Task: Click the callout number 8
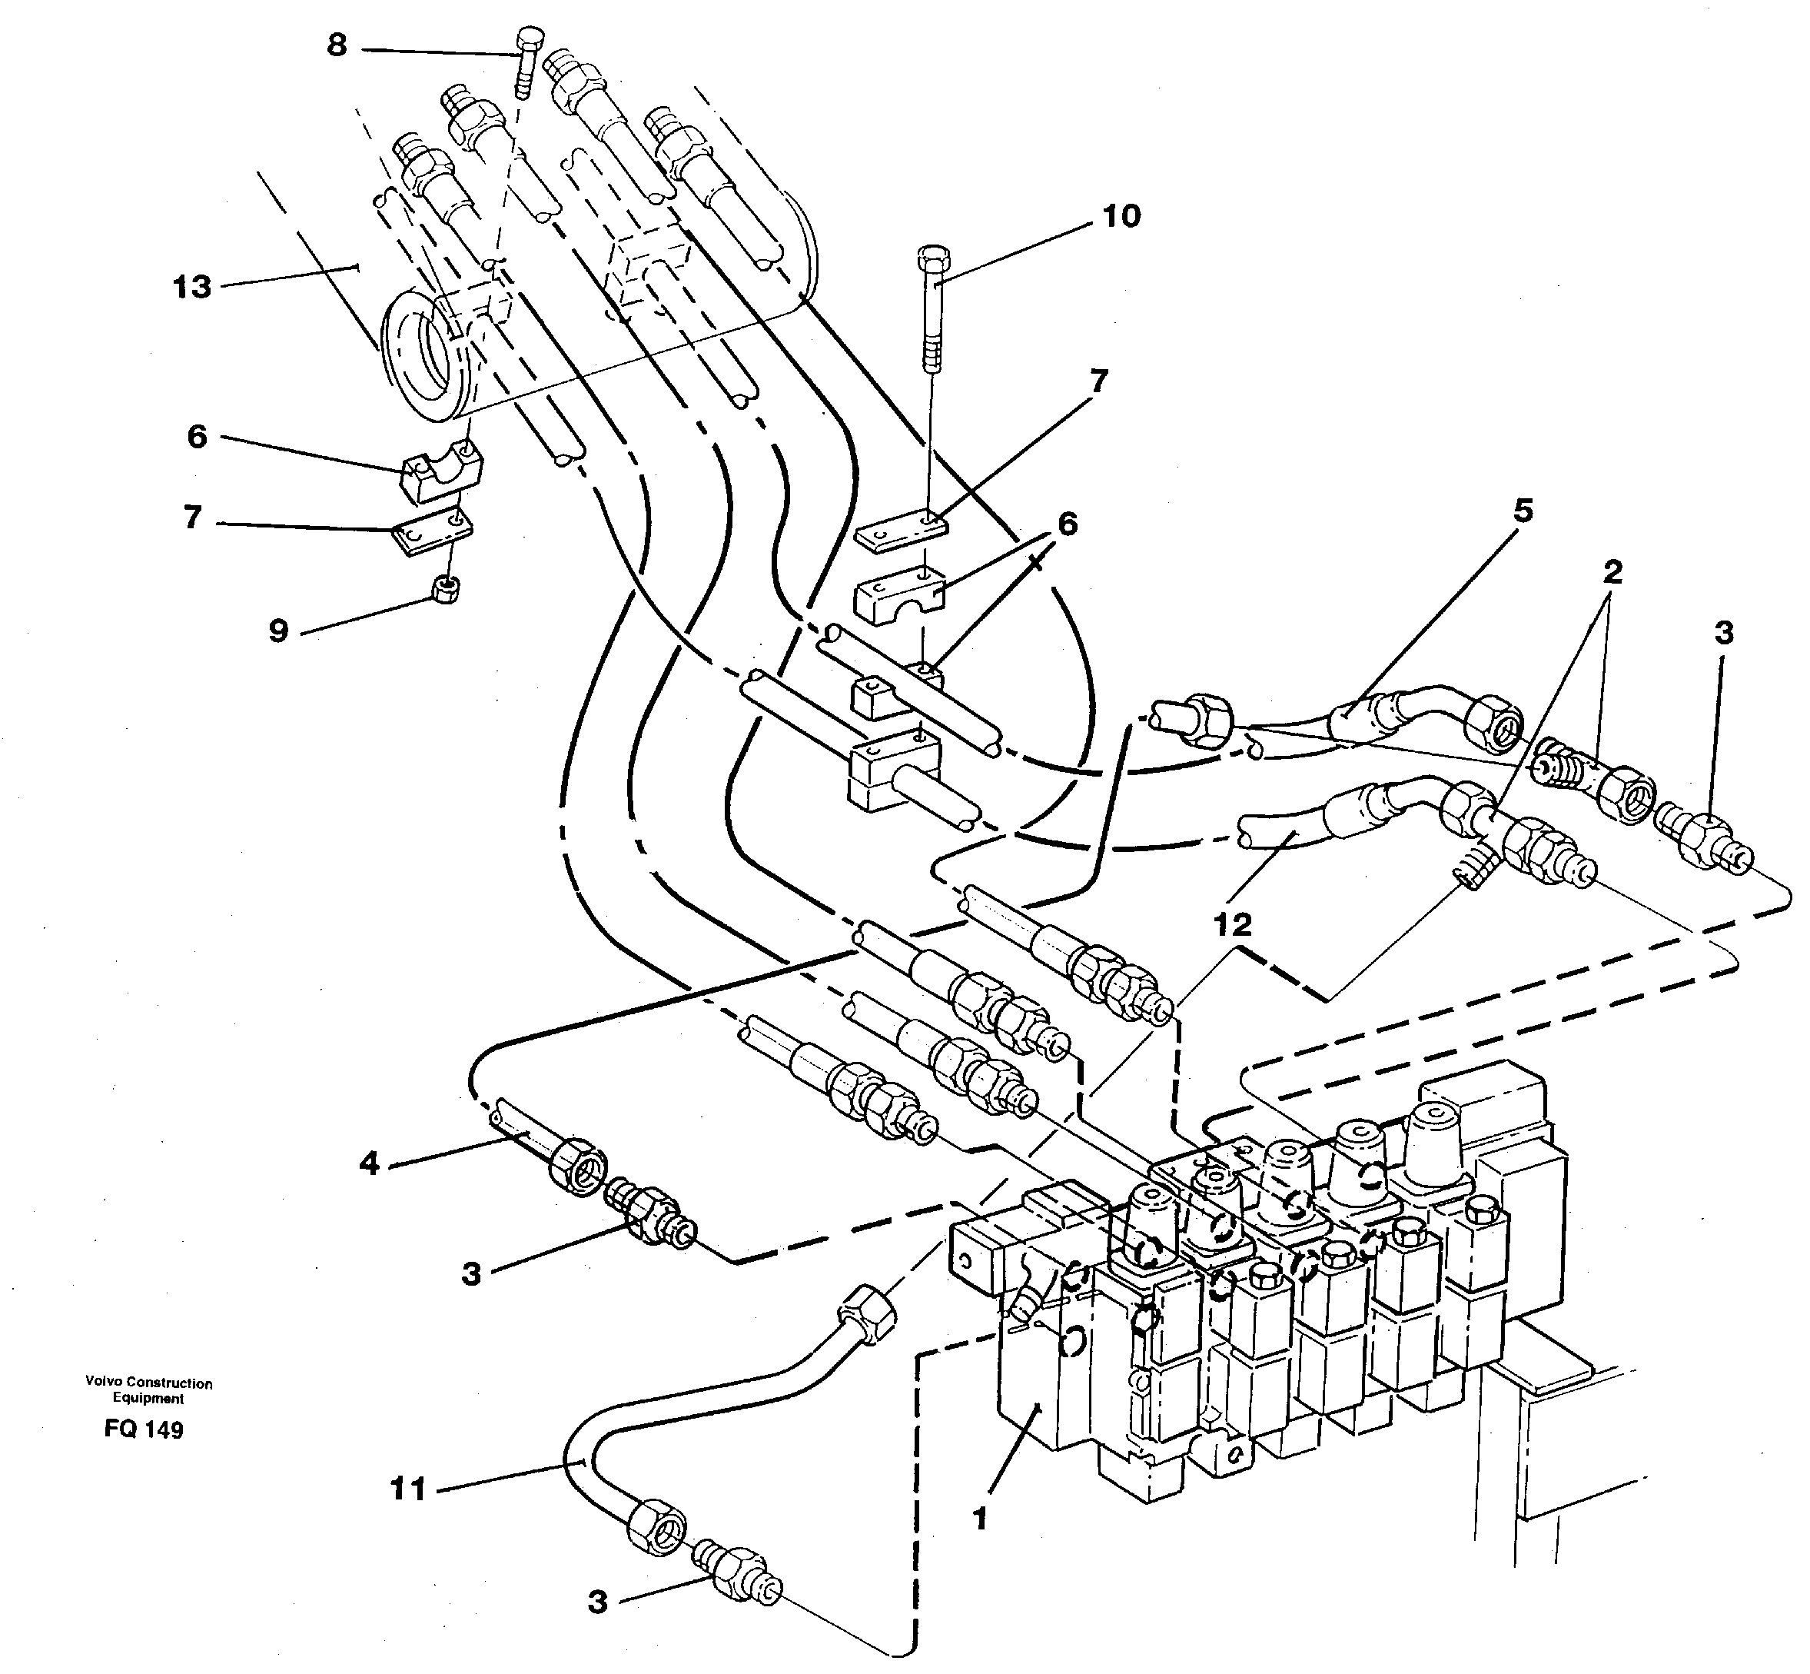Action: tap(337, 45)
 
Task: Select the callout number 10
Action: tap(1121, 217)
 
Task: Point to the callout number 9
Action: tap(279, 631)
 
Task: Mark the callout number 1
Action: tap(980, 1518)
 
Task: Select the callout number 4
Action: tap(368, 1163)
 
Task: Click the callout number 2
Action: tap(1612, 573)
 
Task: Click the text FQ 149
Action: tap(144, 1430)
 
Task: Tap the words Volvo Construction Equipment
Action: tap(148, 1390)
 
